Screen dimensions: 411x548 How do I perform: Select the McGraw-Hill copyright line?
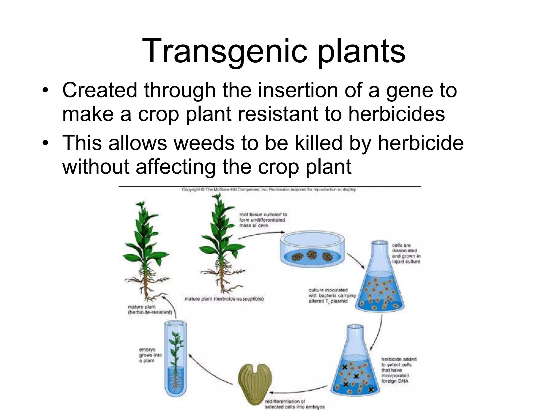pyautogui.click(x=269, y=190)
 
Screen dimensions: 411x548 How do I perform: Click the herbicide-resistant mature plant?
pyautogui.click(x=146, y=249)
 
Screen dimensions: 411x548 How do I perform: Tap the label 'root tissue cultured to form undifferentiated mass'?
pyautogui.click(x=263, y=220)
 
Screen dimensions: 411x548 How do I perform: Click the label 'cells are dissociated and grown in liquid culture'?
pyautogui.click(x=406, y=253)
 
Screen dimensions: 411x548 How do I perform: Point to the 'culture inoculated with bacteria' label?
pyautogui.click(x=332, y=295)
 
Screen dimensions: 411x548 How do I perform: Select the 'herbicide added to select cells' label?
pyautogui.click(x=399, y=370)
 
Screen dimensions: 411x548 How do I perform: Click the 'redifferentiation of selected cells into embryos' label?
pyautogui.click(x=294, y=404)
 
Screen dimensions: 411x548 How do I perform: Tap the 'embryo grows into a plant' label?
pyautogui.click(x=150, y=355)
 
